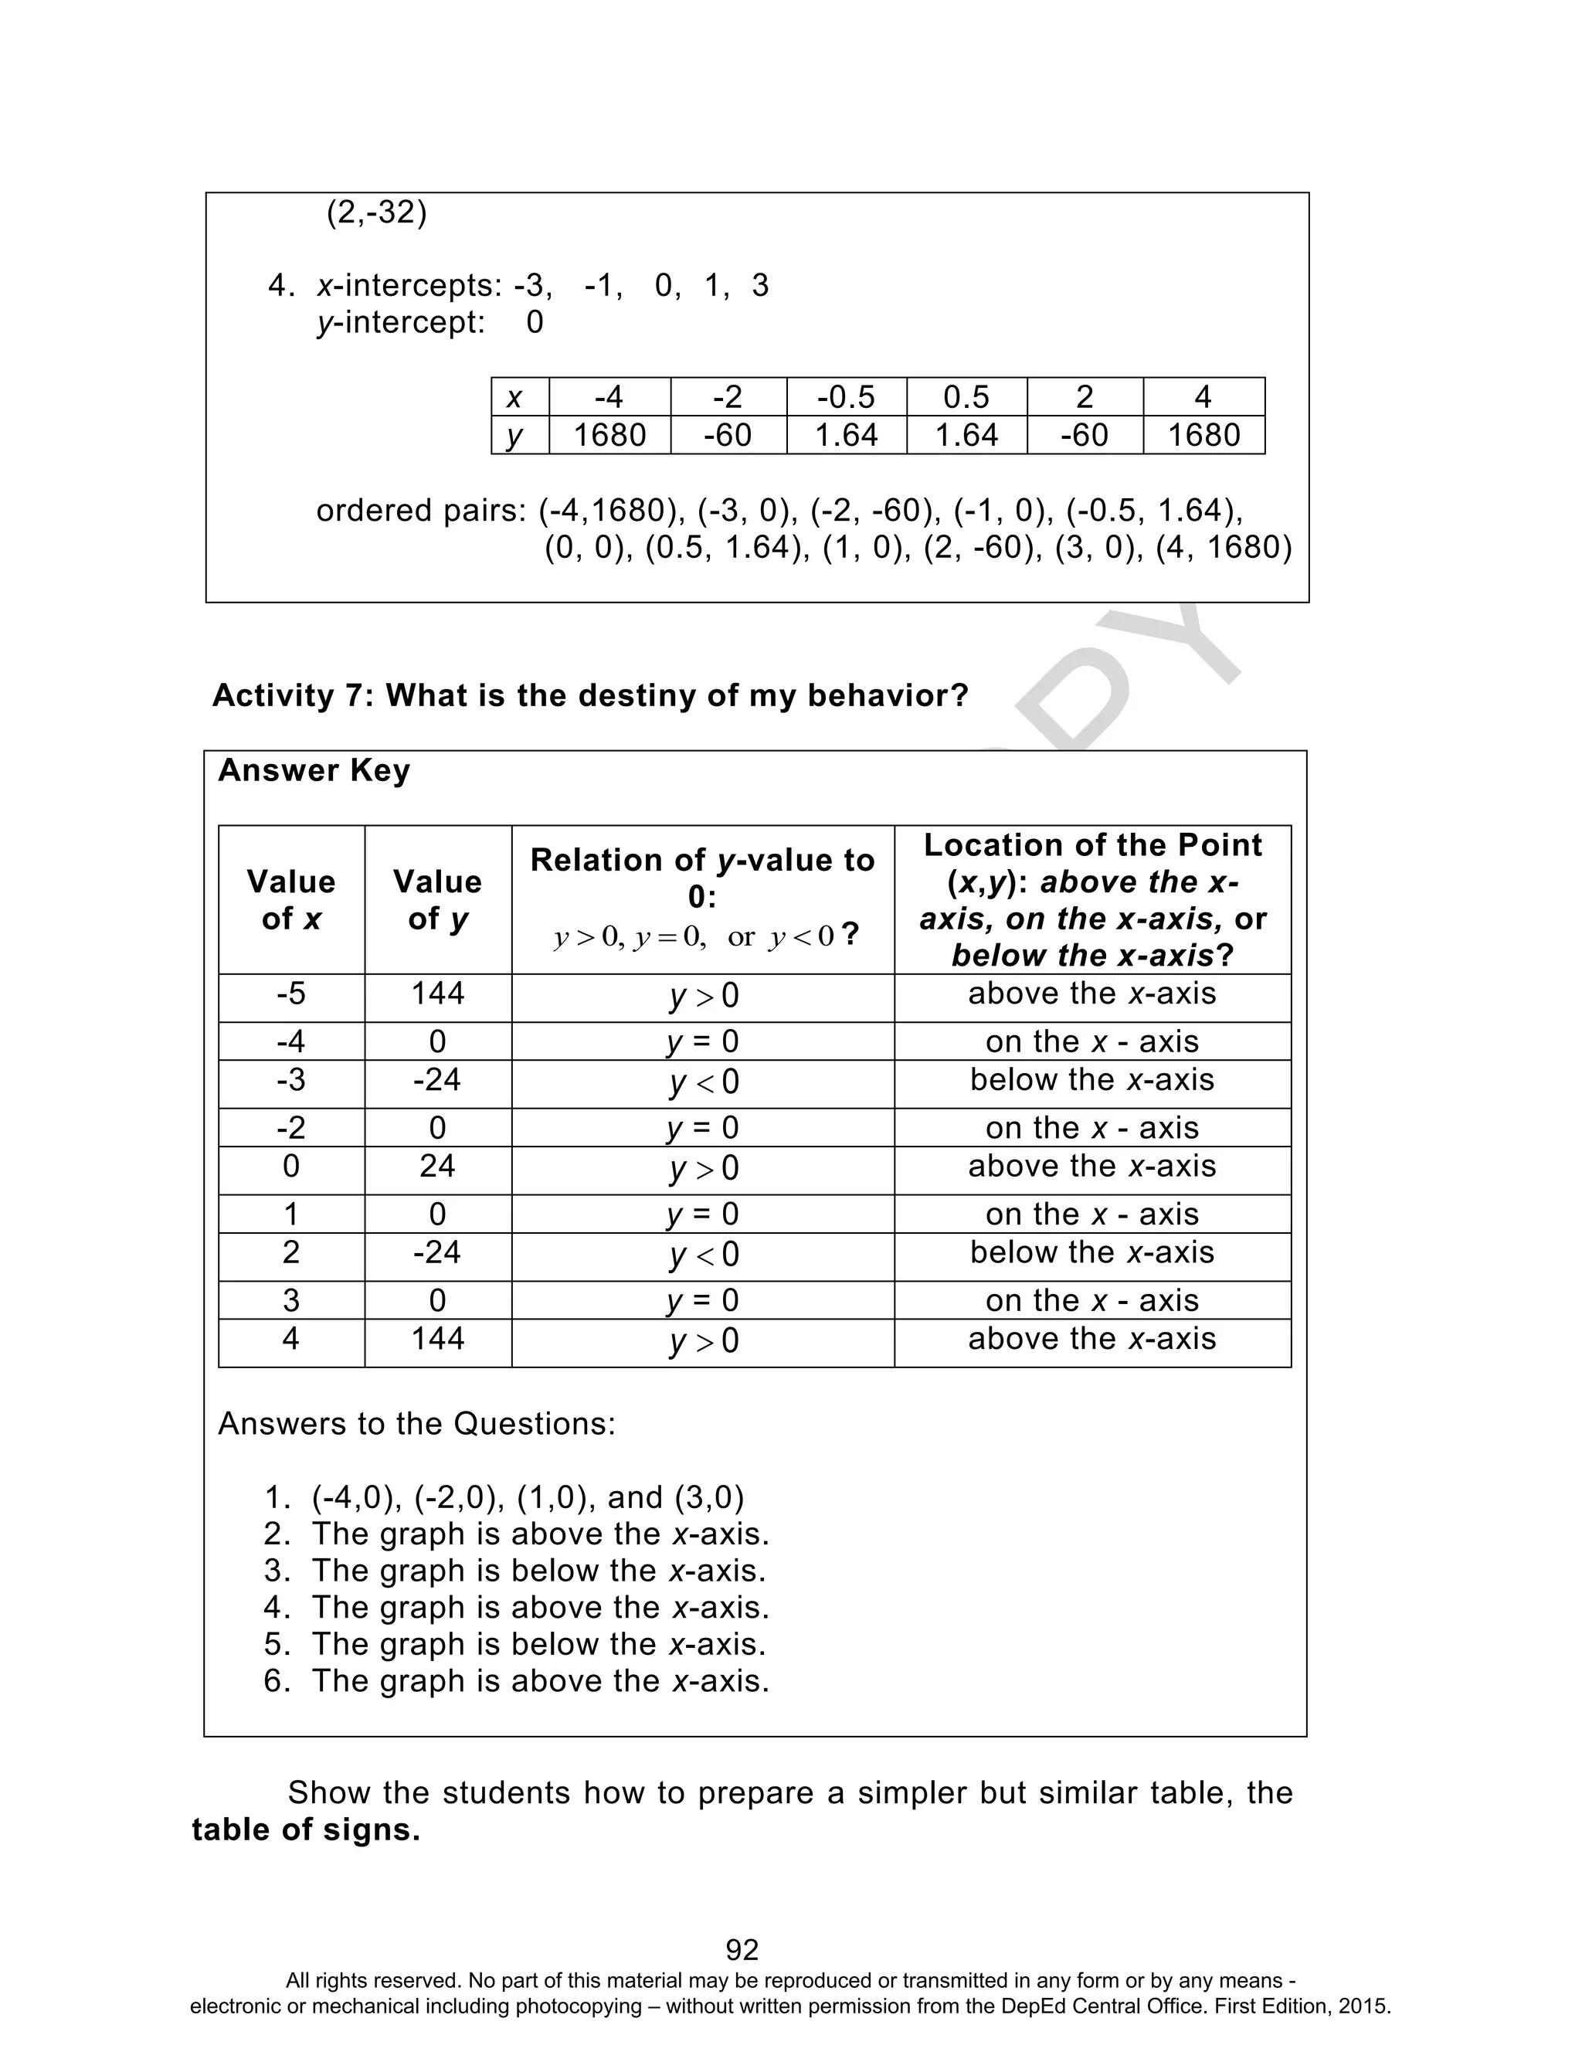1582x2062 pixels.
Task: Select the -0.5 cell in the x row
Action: tap(846, 396)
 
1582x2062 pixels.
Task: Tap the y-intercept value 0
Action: tap(534, 323)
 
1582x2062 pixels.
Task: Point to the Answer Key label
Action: tap(314, 770)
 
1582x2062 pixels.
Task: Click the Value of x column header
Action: tap(291, 899)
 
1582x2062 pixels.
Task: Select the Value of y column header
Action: tap(437, 899)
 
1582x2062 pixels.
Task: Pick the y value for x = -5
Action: tap(437, 994)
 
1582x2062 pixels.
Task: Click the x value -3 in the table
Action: tap(291, 1079)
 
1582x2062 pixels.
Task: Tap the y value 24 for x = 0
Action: tap(437, 1166)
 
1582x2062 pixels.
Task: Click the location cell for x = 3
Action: tap(1091, 1300)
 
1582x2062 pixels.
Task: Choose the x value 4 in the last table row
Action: tap(291, 1338)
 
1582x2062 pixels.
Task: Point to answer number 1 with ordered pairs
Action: tap(528, 1497)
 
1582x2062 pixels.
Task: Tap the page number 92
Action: tap(742, 1949)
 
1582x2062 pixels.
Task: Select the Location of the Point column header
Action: tap(1091, 899)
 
